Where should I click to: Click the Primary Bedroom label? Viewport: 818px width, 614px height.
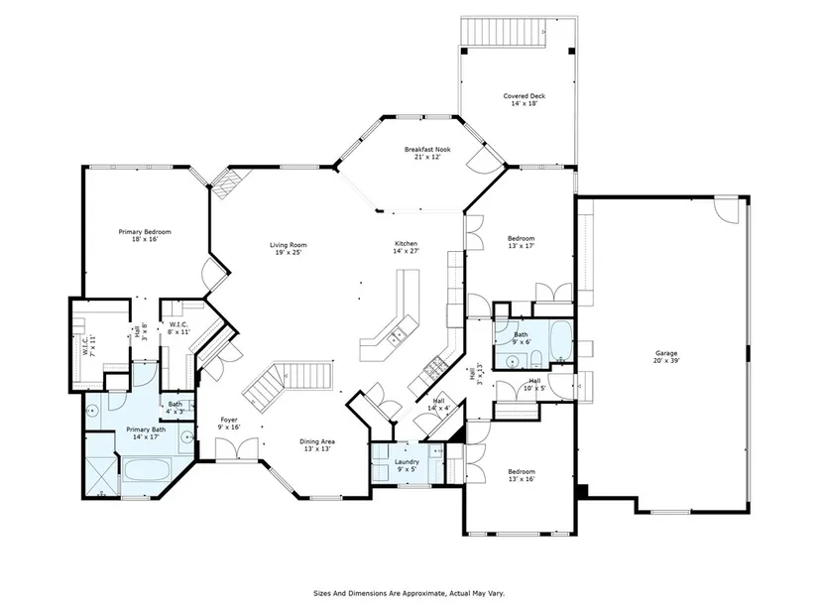[x=145, y=232]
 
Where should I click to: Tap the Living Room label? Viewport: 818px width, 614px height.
[x=288, y=245]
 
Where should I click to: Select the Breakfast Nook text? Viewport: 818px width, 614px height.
[x=427, y=150]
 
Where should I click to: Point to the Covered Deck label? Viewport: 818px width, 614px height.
[x=525, y=96]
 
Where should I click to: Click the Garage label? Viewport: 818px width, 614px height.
[x=666, y=353]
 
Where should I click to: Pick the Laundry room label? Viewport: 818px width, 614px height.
[x=407, y=462]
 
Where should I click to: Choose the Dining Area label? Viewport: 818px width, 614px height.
[x=317, y=441]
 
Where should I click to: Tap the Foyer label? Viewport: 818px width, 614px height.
[x=229, y=420]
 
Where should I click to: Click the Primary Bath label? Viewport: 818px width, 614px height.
[x=146, y=430]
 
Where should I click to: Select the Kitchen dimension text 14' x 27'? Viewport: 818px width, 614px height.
[x=406, y=251]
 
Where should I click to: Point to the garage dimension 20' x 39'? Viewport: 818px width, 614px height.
[x=666, y=360]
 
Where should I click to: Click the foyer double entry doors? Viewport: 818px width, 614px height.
[x=236, y=449]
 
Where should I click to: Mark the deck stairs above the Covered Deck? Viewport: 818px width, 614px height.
[x=504, y=32]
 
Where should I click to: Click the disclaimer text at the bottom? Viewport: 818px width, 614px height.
[x=409, y=593]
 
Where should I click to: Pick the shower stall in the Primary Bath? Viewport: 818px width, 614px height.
[x=101, y=475]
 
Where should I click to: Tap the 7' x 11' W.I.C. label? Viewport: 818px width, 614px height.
[x=88, y=344]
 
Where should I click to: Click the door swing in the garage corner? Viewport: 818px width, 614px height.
[x=727, y=210]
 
